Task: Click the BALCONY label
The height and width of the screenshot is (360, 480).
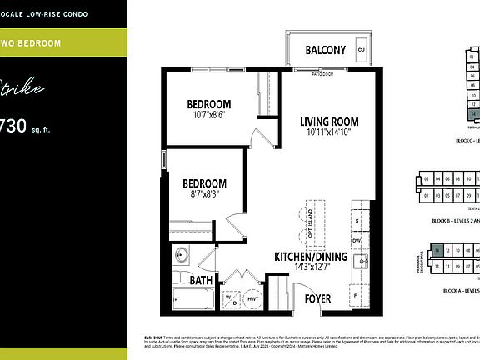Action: (x=325, y=50)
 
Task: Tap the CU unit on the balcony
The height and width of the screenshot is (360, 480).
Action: (x=362, y=49)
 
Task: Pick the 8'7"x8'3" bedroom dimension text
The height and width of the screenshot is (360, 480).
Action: (x=205, y=194)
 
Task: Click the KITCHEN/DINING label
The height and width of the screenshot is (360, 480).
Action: (x=312, y=257)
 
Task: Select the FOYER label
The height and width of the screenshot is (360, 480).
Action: (x=317, y=298)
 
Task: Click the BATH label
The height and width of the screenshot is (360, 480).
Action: (x=201, y=281)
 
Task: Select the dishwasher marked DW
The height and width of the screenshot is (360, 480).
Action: (x=357, y=240)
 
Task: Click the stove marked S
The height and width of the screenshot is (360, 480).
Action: (x=357, y=220)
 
